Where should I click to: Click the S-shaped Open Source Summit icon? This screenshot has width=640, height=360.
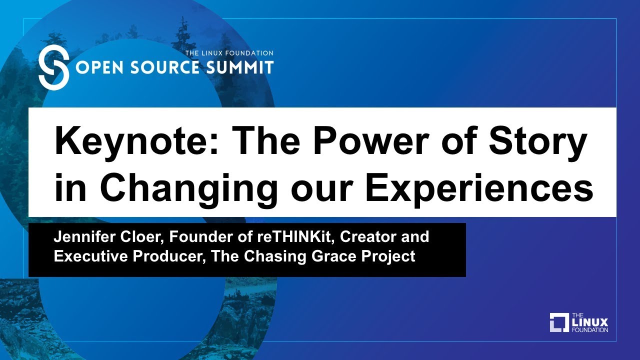coord(53,66)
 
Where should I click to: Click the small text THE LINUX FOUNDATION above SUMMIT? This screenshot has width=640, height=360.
coord(229,53)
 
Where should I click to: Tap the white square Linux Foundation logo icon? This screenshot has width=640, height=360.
coord(559,322)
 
